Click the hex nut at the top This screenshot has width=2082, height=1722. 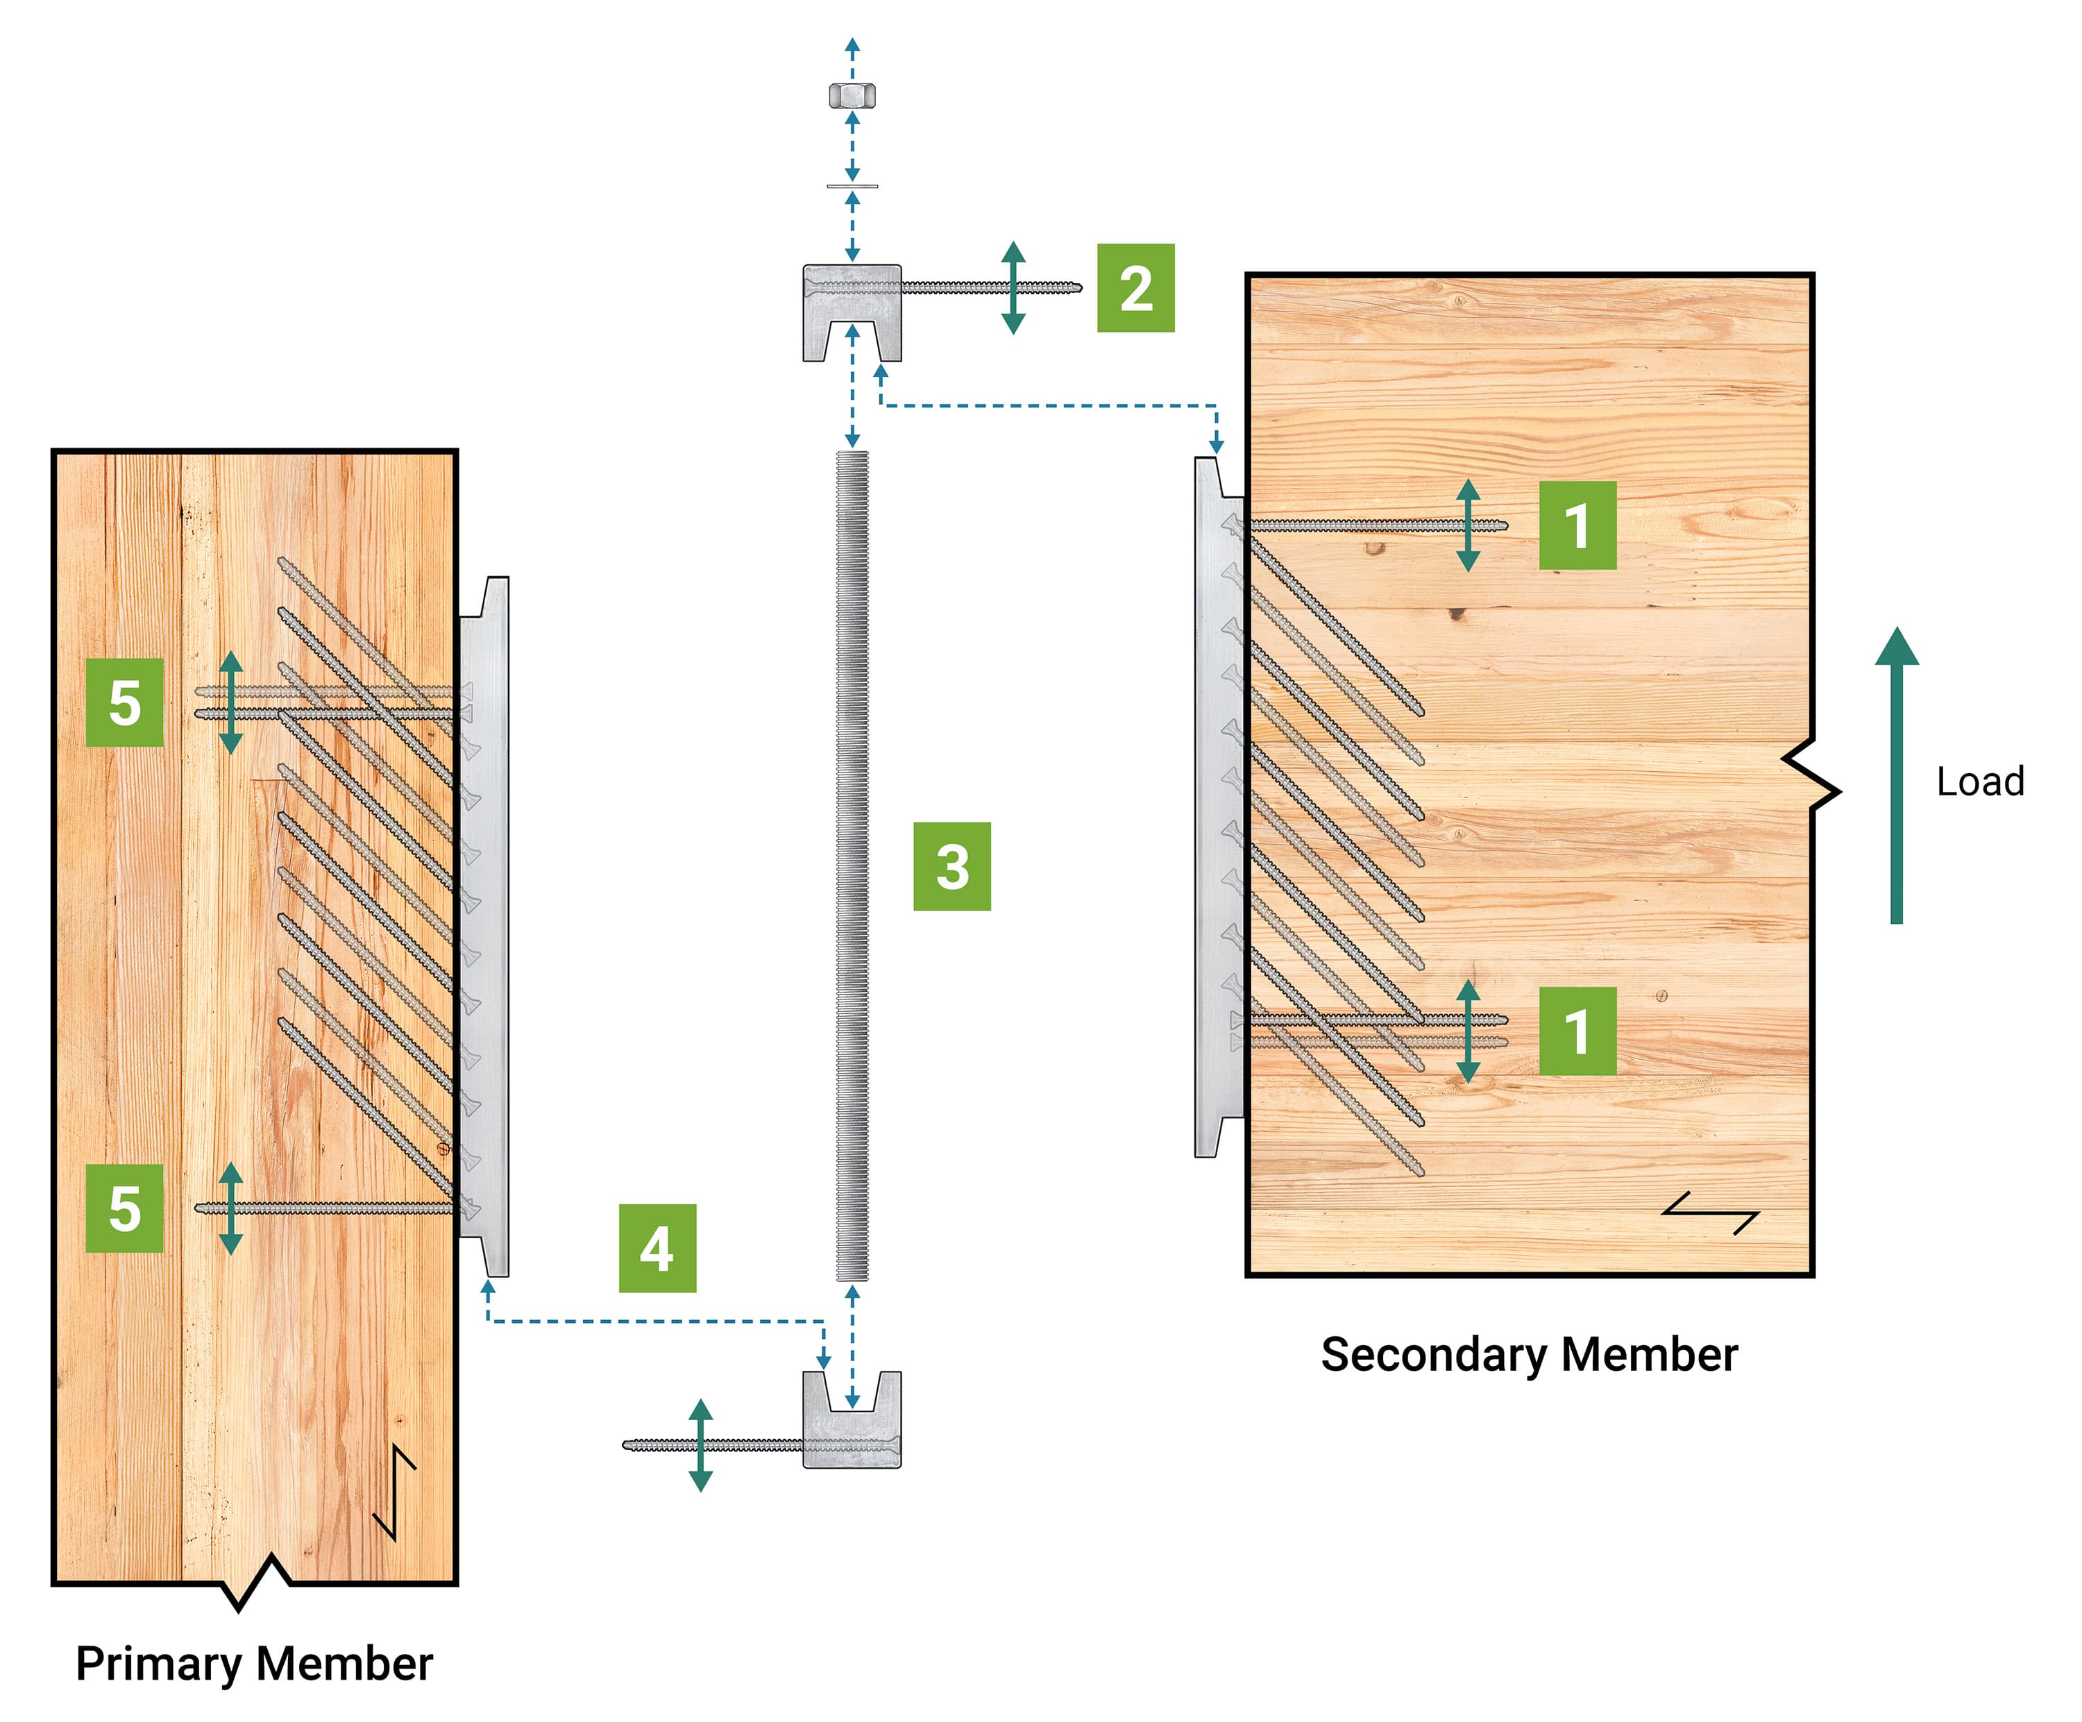pyautogui.click(x=852, y=95)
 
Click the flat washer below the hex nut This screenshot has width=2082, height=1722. pyautogui.click(x=852, y=185)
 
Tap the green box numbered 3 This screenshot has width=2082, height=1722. pyautogui.click(x=951, y=866)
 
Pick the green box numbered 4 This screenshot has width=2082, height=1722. pyautogui.click(x=657, y=1247)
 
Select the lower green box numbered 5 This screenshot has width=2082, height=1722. pyautogui.click(x=125, y=1208)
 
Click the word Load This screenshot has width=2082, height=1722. pyautogui.click(x=1980, y=782)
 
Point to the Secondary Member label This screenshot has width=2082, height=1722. pyautogui.click(x=1529, y=1353)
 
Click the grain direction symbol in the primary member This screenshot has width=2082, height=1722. pyautogui.click(x=396, y=1492)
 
